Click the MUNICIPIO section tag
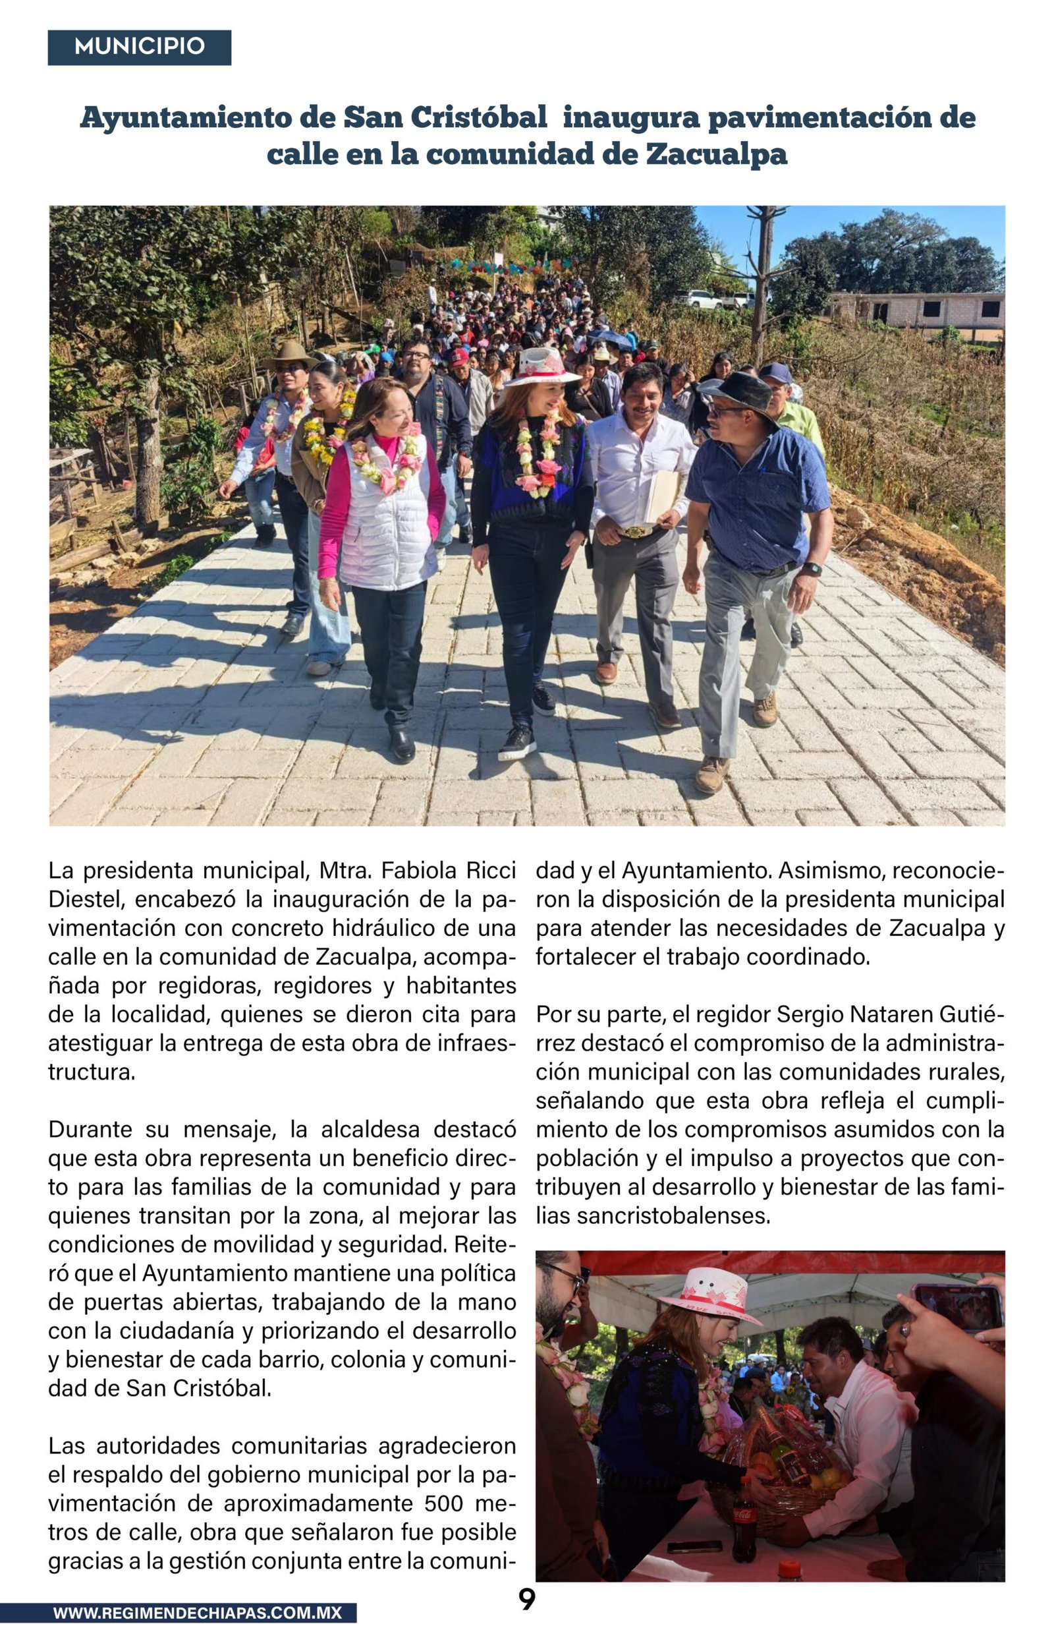click(139, 47)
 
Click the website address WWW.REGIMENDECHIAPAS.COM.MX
click(197, 1613)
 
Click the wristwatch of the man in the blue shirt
click(812, 569)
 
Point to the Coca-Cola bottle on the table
click(744, 1528)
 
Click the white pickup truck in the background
click(700, 299)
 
